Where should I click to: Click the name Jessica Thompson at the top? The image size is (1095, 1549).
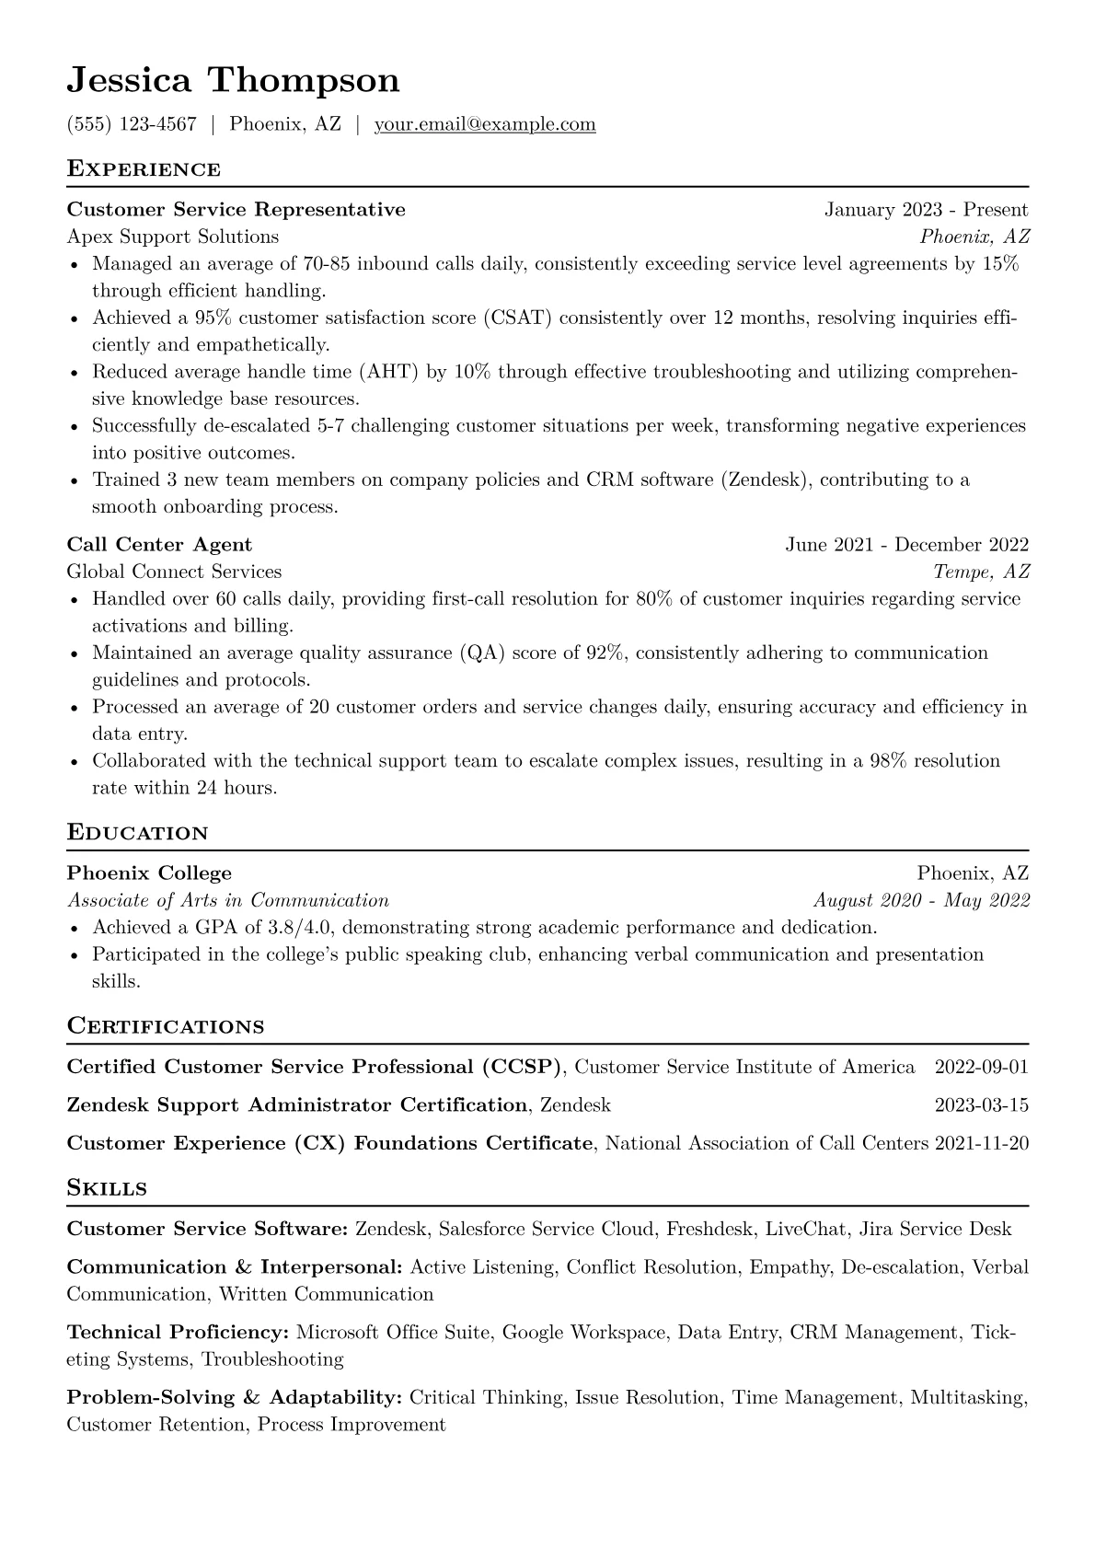tap(233, 80)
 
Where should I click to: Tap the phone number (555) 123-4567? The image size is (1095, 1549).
tap(132, 124)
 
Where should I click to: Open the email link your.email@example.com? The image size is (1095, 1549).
tap(484, 124)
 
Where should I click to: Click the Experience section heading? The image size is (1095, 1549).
tap(144, 169)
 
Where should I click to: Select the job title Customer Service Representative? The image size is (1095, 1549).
tap(236, 210)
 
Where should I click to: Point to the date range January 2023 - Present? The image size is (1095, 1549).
tap(926, 210)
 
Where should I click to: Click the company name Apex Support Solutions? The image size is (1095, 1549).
tap(172, 237)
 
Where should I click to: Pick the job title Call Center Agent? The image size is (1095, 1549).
tap(159, 545)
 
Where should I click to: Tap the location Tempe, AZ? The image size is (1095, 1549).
tap(981, 572)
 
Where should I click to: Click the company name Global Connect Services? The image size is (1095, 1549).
tap(174, 572)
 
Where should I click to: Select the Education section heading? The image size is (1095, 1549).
tap(137, 833)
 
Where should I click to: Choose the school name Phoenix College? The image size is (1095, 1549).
tap(149, 873)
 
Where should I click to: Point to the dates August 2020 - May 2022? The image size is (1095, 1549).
tap(921, 900)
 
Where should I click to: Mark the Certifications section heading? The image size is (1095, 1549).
tap(166, 1026)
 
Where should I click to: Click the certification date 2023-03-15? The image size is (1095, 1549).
tap(981, 1105)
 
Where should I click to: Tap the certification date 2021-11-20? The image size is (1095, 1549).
tap(981, 1144)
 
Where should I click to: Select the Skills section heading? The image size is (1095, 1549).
tap(107, 1188)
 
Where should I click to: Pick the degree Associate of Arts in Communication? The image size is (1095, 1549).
tap(227, 900)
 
